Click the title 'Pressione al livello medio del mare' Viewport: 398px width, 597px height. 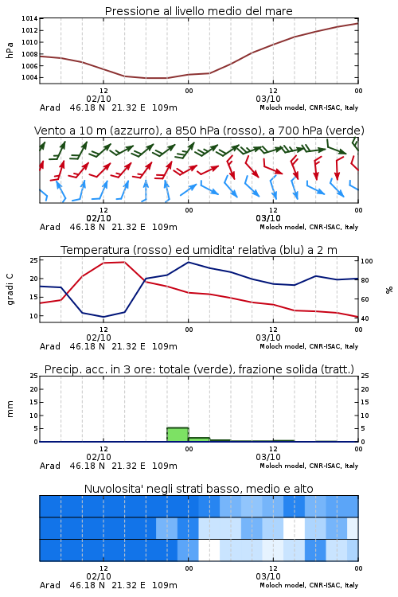click(x=198, y=11)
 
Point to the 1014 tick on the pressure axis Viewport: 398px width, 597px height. click(x=29, y=18)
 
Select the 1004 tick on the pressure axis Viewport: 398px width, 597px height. click(x=29, y=78)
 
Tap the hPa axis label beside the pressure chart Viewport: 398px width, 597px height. click(x=10, y=50)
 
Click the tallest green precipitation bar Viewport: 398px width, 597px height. click(x=178, y=435)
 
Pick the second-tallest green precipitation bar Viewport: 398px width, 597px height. click(x=199, y=439)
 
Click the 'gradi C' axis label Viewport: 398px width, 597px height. click(x=10, y=289)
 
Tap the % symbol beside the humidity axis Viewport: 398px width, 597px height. click(x=389, y=290)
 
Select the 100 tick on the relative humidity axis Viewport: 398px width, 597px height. click(x=367, y=261)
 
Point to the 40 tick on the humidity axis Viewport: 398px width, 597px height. click(x=365, y=318)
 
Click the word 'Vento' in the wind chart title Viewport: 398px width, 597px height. click(x=49, y=131)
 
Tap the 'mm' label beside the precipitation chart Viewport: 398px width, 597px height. click(x=10, y=409)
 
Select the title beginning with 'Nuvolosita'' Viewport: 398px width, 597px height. click(x=198, y=489)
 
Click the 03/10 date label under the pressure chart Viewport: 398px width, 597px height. click(x=268, y=99)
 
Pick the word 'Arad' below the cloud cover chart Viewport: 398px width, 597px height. click(x=50, y=585)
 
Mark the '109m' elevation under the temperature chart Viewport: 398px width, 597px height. click(x=165, y=346)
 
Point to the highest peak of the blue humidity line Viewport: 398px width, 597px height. click(x=188, y=262)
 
